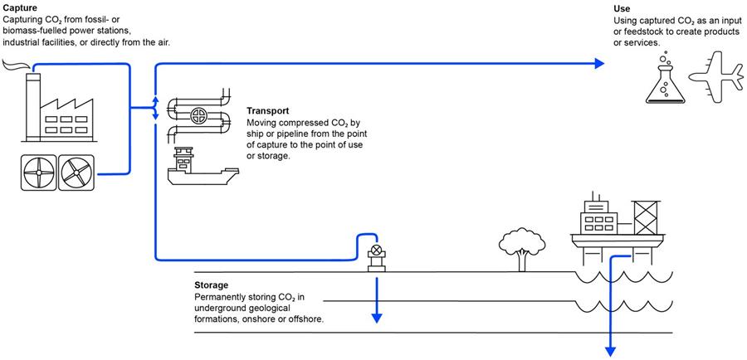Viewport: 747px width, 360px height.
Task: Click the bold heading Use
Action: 622,8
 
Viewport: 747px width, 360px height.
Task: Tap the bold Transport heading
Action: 268,111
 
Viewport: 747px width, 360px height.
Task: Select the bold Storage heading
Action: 211,285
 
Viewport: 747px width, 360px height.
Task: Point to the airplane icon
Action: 715,78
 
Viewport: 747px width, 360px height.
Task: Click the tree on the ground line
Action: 522,249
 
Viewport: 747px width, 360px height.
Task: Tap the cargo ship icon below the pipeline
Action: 203,166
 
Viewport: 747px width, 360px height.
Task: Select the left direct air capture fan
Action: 38,173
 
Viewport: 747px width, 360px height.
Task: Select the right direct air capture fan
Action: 76,173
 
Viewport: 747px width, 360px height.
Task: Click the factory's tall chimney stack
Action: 33,108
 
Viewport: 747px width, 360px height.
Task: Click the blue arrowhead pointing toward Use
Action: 599,64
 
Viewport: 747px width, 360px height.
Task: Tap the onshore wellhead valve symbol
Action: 376,249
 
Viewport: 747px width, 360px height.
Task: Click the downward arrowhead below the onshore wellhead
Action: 377,318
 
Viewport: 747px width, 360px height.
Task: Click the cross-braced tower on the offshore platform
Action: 646,217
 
